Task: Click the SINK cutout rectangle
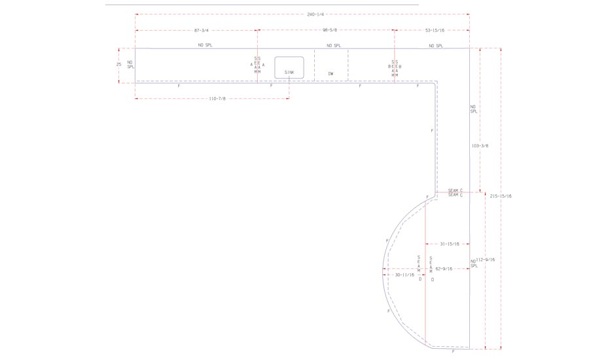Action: tap(289, 68)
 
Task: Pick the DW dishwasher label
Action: tap(331, 74)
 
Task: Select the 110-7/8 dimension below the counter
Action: tap(217, 99)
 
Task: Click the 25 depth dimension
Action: tap(118, 65)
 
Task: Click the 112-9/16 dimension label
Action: tap(485, 260)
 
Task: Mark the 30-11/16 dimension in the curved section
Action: tap(404, 276)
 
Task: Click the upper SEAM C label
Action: tap(455, 190)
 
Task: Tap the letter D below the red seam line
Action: tap(432, 279)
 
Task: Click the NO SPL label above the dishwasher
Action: tap(333, 45)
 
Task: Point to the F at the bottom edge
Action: tap(453, 351)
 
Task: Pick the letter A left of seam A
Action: tap(251, 65)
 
